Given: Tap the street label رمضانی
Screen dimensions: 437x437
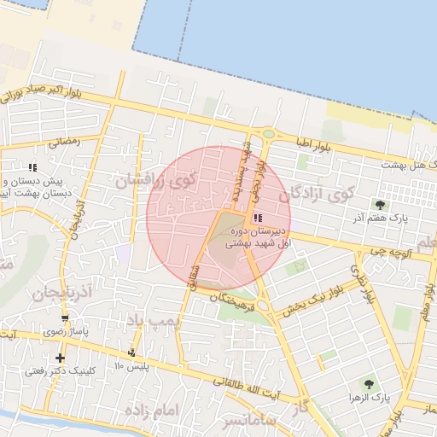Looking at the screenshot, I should click(x=65, y=142).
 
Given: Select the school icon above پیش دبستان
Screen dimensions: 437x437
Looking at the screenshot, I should click(x=32, y=167).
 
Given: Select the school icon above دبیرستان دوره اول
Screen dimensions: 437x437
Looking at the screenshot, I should click(x=258, y=218).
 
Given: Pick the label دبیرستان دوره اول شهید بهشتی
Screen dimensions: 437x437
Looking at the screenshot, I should click(x=256, y=237).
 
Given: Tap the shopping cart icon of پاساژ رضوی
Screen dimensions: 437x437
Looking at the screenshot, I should click(x=65, y=316).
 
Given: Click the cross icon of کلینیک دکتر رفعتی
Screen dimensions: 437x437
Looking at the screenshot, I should click(x=60, y=358).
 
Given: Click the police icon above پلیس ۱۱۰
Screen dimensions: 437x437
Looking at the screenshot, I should click(x=131, y=353).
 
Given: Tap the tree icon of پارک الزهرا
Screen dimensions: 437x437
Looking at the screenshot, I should click(x=369, y=384).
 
